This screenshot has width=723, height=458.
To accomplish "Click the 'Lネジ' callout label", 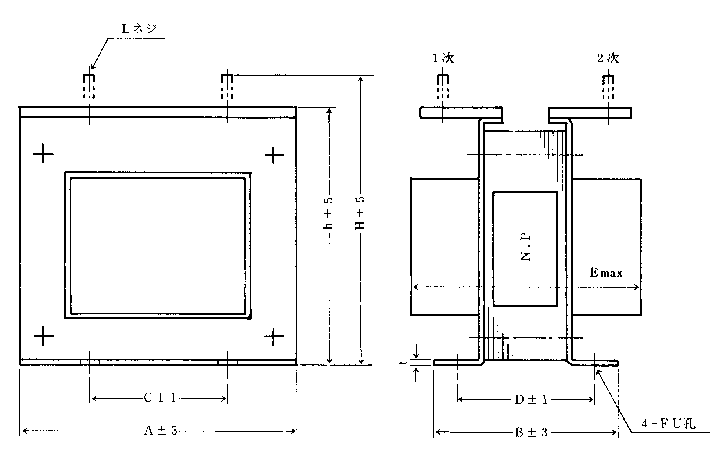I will (x=140, y=29).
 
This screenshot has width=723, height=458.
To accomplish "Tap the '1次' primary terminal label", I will (x=443, y=58).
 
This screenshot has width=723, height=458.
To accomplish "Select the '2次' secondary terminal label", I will (x=608, y=58).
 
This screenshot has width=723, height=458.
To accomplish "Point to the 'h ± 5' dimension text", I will (x=329, y=213).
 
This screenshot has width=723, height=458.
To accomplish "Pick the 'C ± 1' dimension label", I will (x=160, y=398).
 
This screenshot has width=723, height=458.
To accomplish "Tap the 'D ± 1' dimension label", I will (x=531, y=400).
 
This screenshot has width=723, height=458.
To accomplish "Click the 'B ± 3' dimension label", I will (x=531, y=433).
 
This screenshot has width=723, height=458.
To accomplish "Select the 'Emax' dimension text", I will (x=606, y=273).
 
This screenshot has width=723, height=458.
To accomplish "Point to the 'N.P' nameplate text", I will (x=526, y=248).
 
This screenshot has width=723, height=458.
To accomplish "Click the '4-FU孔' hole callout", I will (x=669, y=424).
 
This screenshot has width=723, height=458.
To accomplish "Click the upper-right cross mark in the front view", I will (x=274, y=155).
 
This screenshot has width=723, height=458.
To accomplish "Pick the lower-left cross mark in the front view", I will (x=43, y=336).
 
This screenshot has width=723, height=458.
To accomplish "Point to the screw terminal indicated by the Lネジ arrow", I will (x=89, y=86).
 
